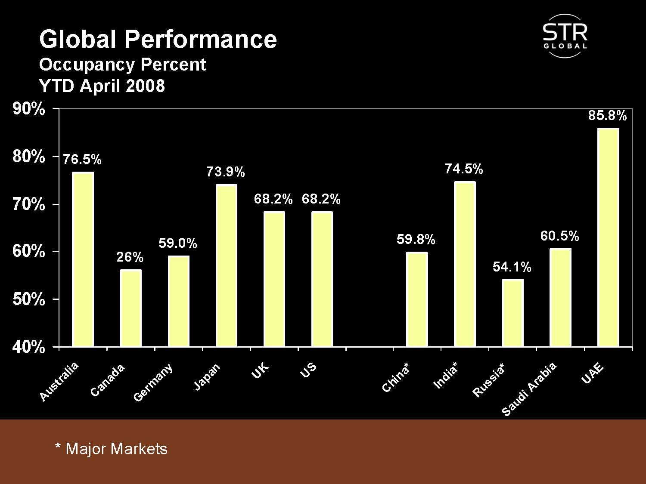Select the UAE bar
pyautogui.click(x=608, y=237)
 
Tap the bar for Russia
pyautogui.click(x=512, y=313)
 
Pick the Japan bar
pyautogui.click(x=226, y=265)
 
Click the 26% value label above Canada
pyautogui.click(x=130, y=257)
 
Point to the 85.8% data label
pyautogui.click(x=607, y=115)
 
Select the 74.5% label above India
pyautogui.click(x=464, y=169)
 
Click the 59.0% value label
pyautogui.click(x=177, y=244)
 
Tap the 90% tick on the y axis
pyautogui.click(x=29, y=109)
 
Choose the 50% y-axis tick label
pyautogui.click(x=29, y=299)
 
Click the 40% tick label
pyautogui.click(x=29, y=347)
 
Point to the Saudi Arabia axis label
pyautogui.click(x=529, y=389)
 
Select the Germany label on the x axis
pyautogui.click(x=153, y=382)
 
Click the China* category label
pyautogui.click(x=396, y=377)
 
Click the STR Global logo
pyautogui.click(x=565, y=36)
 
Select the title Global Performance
pyautogui.click(x=158, y=39)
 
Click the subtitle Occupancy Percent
pyautogui.click(x=122, y=65)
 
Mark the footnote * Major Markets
pyautogui.click(x=111, y=449)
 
